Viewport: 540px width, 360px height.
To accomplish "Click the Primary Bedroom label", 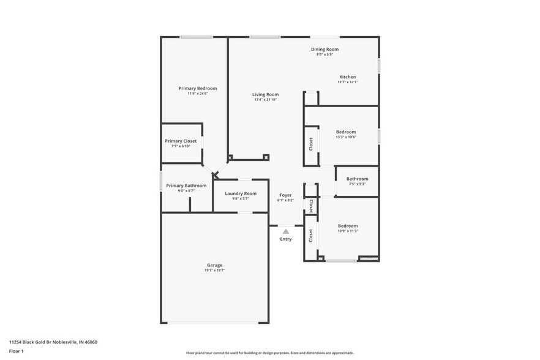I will click(197, 88).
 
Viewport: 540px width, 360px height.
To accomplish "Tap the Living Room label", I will click(266, 94).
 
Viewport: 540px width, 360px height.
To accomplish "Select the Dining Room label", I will click(324, 49).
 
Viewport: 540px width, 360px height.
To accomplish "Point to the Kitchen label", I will click(347, 77).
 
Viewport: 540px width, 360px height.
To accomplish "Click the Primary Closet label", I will click(181, 141).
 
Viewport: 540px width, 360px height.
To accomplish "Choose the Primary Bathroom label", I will click(186, 186).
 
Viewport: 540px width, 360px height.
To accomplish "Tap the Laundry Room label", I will click(241, 193).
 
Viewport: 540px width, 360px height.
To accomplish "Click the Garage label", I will click(214, 265).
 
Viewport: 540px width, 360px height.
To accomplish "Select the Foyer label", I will click(285, 195).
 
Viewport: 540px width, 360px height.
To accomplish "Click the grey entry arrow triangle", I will click(285, 231).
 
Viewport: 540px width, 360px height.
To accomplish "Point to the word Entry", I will click(286, 239).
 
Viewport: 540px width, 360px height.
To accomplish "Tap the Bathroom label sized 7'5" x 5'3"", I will click(358, 179).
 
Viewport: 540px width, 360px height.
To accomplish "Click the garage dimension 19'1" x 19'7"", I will click(214, 270).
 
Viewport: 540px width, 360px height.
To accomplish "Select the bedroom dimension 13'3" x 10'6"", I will click(346, 137).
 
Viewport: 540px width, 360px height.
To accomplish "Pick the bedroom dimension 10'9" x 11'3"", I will click(348, 231).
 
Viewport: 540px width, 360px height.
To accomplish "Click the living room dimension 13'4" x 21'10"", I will click(266, 100).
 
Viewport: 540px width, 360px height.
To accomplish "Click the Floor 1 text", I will click(16, 351).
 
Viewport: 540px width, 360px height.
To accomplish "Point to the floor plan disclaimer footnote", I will click(269, 353).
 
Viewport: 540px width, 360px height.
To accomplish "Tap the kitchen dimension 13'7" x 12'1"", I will click(347, 82).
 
